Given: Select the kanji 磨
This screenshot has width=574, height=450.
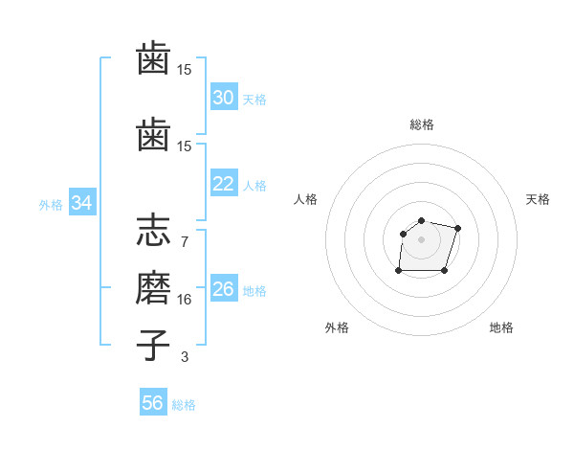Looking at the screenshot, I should coord(153,289).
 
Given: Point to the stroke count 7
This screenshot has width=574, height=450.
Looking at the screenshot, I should coord(184,241).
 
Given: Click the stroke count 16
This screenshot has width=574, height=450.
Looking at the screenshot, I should coord(184,299).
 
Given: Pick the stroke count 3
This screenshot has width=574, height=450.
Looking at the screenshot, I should coord(184,356).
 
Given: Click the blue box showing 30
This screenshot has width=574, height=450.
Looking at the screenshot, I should coord(223,98).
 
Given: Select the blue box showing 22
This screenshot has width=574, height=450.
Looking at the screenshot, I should coord(223,184).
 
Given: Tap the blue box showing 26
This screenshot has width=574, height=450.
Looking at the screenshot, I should coord(223,289).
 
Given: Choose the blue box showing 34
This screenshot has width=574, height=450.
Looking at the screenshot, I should coord(81,203).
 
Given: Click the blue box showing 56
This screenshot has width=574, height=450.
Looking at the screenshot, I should coord(152,403).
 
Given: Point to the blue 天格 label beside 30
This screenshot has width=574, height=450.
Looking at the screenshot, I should coord(254,99).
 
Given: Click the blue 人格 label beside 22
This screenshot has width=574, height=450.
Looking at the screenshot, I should coord(254,185).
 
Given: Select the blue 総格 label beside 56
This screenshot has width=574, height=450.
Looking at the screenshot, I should coord(184,404).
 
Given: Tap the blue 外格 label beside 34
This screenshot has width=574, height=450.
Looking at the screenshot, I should coord(51,204).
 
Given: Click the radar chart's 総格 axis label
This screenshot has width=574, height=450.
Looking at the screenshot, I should coord(421,124).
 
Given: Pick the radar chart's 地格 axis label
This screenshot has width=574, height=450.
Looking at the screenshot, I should coord(501,327).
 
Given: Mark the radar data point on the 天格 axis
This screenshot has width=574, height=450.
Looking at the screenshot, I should coord(458,228).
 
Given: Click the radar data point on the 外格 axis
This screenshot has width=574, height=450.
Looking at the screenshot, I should coord(398,271).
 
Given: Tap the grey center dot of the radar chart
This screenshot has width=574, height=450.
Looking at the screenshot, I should coord(421,238).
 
